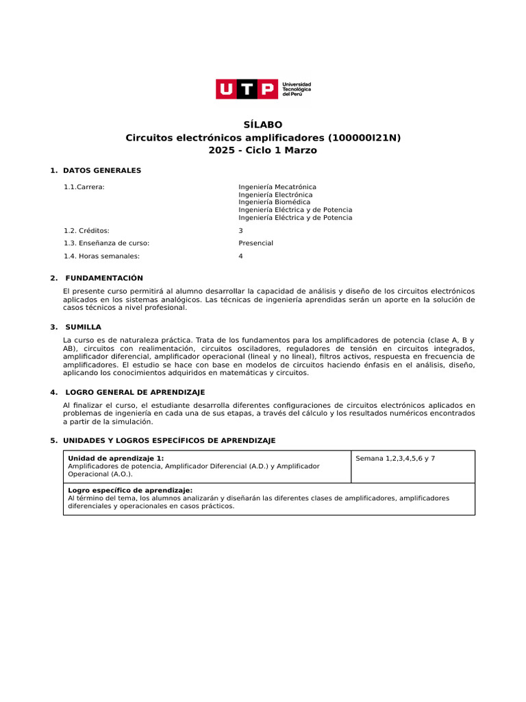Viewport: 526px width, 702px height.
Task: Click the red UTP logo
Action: tap(247, 89)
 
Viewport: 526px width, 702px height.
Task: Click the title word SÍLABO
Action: tap(263, 125)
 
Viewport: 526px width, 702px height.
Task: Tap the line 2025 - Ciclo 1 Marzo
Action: tap(263, 150)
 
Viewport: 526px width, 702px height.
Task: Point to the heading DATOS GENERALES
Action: tap(102, 170)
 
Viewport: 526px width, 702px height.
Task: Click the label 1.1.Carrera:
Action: tap(84, 186)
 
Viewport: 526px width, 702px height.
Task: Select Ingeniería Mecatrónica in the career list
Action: tap(277, 186)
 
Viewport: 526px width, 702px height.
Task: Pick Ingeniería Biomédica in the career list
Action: tap(274, 202)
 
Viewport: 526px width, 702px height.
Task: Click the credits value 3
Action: tap(240, 230)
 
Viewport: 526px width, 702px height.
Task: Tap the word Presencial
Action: tap(255, 243)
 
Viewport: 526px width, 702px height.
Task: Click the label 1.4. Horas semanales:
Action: tap(101, 256)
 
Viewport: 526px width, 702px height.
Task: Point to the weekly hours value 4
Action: tap(240, 256)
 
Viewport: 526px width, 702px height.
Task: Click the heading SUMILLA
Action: tap(84, 327)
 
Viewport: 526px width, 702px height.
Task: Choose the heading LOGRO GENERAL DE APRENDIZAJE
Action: tap(135, 392)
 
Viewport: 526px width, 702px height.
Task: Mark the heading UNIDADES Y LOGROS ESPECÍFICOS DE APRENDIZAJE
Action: tap(169, 440)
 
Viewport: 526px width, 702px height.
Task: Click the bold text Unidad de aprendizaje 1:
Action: tap(116, 458)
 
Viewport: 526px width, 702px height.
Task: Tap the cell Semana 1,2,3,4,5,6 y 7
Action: tap(395, 458)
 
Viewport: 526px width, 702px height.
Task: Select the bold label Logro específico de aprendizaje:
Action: tap(130, 491)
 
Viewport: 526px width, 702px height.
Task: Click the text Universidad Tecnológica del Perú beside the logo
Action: tap(297, 89)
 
